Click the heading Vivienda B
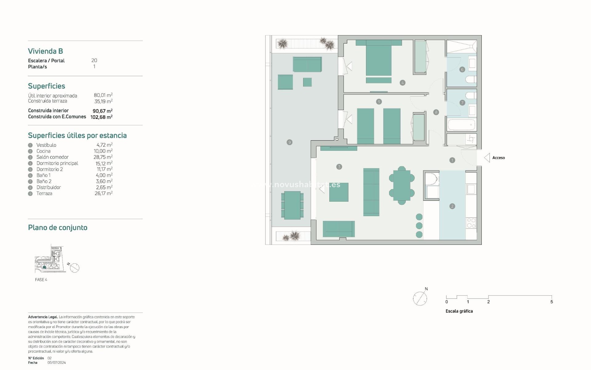[46, 51]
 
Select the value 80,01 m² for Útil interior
[103, 95]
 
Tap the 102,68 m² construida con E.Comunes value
[101, 117]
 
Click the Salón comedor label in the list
[52, 157]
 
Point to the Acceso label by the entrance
[498, 158]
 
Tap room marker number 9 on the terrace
[289, 142]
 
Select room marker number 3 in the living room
[339, 167]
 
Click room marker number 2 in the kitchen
[452, 206]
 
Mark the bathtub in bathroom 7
[461, 125]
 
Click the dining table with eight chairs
[402, 186]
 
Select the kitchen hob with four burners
[471, 223]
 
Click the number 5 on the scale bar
[551, 302]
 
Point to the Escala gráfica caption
[459, 311]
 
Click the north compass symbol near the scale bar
[420, 298]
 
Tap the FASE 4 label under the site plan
[41, 280]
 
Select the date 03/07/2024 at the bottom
[57, 363]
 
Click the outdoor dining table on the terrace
[292, 205]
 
